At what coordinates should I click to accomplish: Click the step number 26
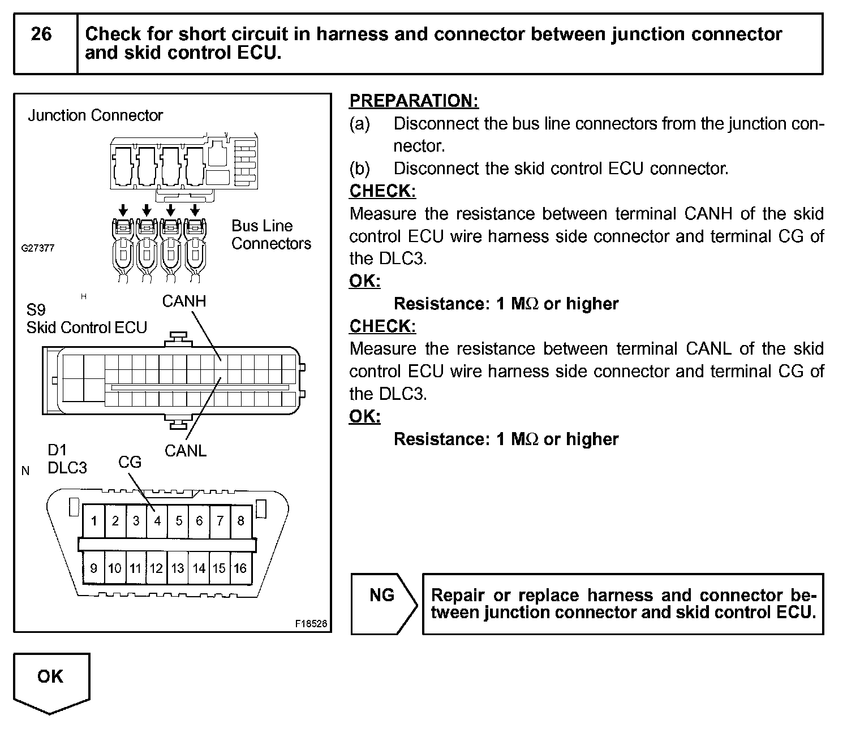click(x=41, y=35)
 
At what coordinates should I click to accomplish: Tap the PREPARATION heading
click(x=414, y=101)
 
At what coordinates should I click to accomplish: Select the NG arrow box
click(x=384, y=603)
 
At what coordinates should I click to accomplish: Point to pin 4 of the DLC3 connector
click(x=157, y=520)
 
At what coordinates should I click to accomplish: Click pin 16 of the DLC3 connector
click(x=240, y=568)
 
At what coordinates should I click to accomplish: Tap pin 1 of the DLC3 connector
click(x=94, y=520)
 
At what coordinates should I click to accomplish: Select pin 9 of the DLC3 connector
click(x=93, y=568)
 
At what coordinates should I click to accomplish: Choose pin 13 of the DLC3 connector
click(x=178, y=568)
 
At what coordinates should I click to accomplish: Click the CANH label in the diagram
click(x=184, y=301)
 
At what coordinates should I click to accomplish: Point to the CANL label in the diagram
click(x=185, y=451)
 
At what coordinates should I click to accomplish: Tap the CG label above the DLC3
click(x=130, y=462)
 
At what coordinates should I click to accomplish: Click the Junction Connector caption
click(x=95, y=115)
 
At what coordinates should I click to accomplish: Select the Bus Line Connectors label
click(x=271, y=235)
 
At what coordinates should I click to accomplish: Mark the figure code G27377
click(x=38, y=248)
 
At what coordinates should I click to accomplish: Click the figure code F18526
click(x=311, y=624)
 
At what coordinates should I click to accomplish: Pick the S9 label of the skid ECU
click(x=36, y=310)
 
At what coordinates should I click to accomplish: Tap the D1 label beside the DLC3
click(x=57, y=450)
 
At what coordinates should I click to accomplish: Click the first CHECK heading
click(x=382, y=191)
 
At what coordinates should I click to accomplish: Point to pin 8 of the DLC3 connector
click(x=240, y=520)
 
